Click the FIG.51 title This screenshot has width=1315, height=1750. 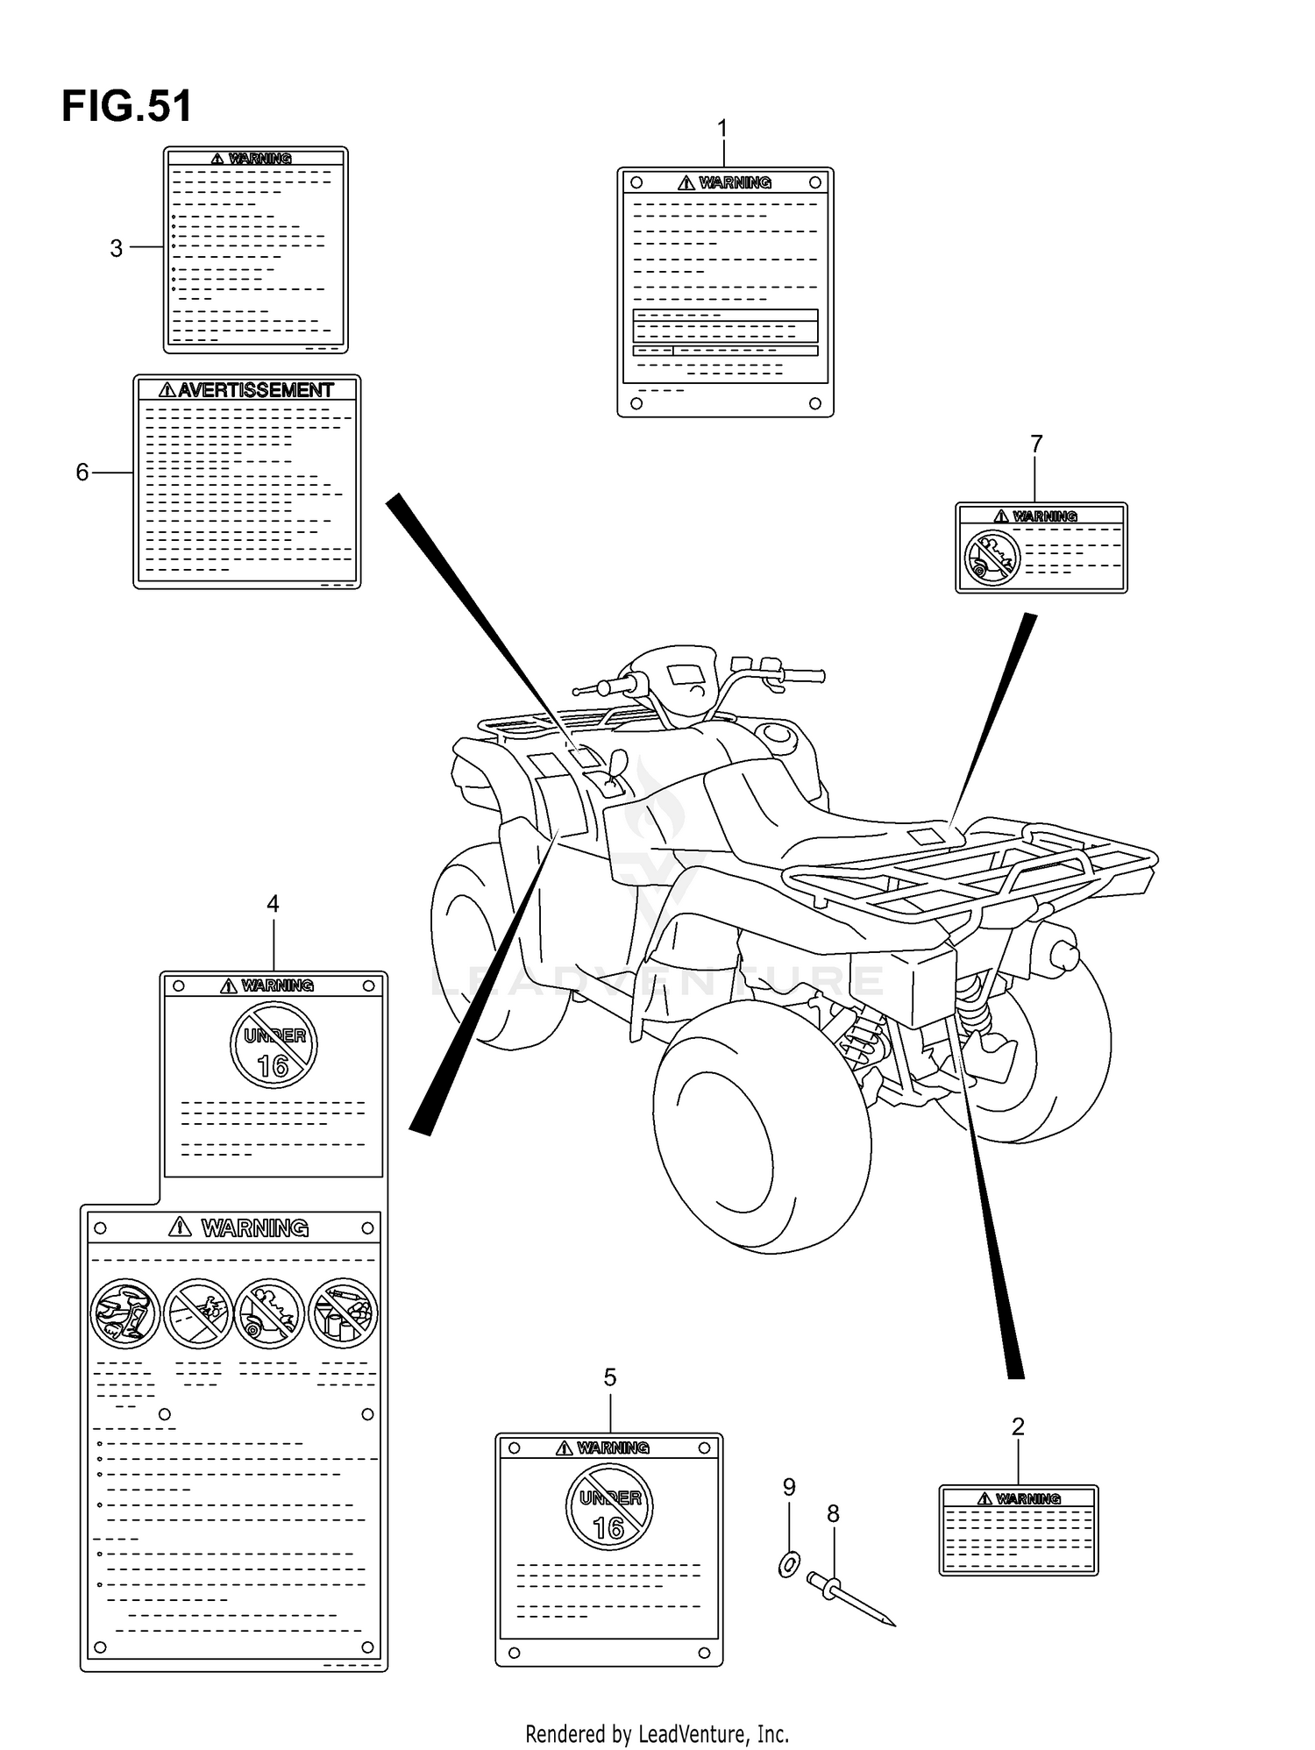(127, 107)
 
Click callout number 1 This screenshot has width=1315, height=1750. (723, 130)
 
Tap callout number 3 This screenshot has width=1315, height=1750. (116, 249)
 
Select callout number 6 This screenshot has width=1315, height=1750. (82, 473)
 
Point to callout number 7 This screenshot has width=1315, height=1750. (1036, 445)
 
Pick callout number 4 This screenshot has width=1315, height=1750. (273, 904)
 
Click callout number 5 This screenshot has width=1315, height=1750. (610, 1377)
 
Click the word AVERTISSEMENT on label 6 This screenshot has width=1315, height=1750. (256, 390)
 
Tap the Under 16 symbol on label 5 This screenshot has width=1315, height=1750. (609, 1509)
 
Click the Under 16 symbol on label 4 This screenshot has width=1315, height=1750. (274, 1044)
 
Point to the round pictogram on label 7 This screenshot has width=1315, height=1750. (992, 558)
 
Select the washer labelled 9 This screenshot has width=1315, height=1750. (789, 1564)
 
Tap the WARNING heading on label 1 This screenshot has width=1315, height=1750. (735, 182)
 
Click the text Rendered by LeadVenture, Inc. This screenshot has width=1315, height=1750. (657, 1733)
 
